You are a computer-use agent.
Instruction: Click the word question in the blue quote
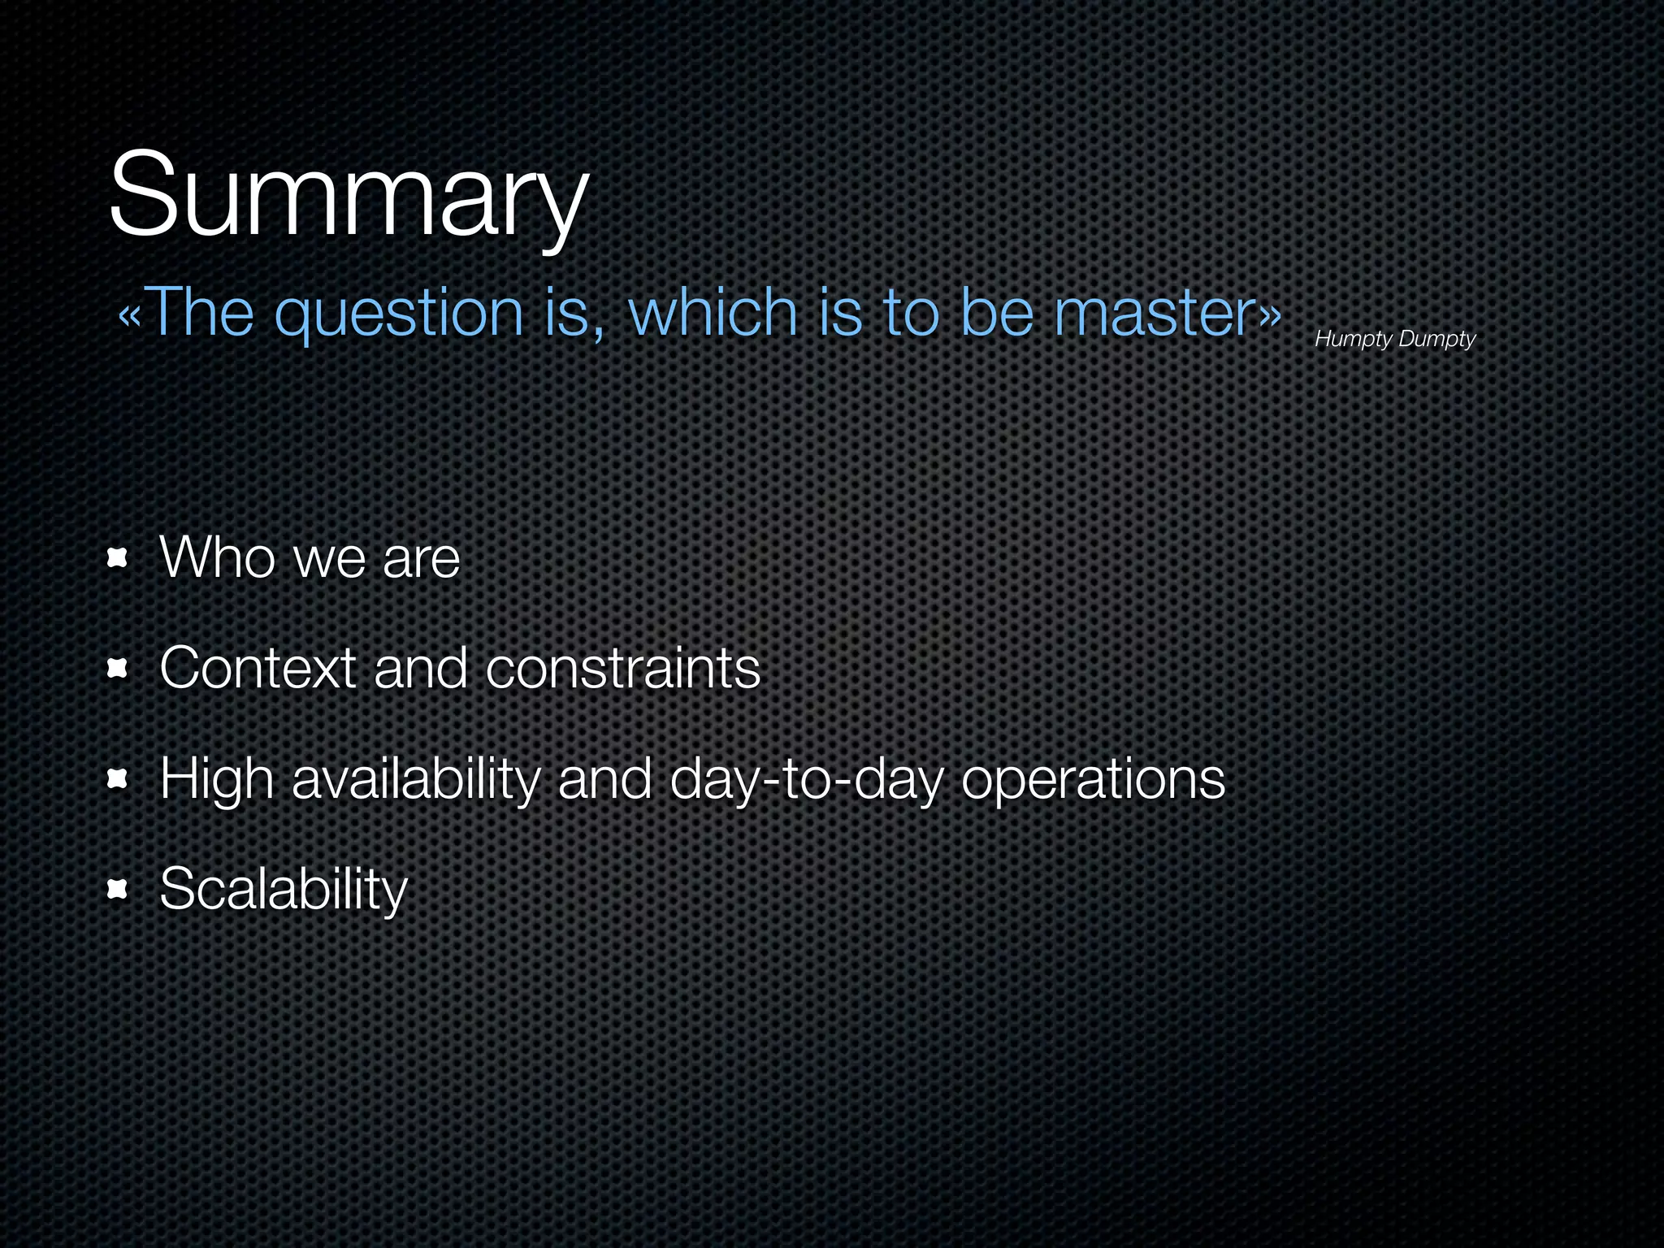400,314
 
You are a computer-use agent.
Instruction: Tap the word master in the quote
1155,314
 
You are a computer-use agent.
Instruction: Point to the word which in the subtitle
713,314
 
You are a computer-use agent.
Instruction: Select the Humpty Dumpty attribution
1394,339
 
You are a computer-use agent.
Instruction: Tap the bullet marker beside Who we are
118,559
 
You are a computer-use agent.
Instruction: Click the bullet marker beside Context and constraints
118,669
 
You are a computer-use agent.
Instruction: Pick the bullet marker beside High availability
118,780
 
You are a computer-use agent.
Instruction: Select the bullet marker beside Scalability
118,890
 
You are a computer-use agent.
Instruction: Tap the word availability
415,780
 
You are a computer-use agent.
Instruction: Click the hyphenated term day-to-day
807,780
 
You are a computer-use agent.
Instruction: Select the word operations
1093,780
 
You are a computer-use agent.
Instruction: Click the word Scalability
283,890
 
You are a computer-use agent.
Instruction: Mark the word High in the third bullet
216,780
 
